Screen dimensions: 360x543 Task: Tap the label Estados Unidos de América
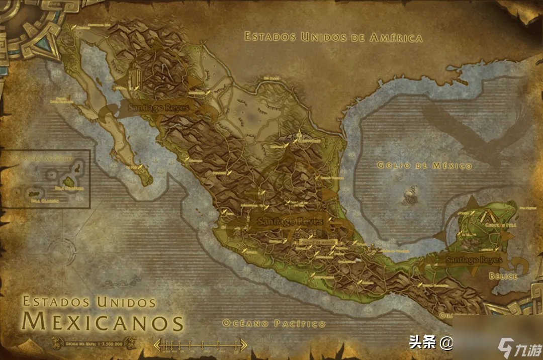point(333,37)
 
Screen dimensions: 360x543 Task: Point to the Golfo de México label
point(425,165)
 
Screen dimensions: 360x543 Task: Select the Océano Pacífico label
point(274,323)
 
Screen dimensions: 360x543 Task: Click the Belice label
point(503,276)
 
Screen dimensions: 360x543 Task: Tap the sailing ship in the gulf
point(411,196)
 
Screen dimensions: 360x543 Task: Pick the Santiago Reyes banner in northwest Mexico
point(157,107)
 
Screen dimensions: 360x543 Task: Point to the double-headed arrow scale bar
point(200,345)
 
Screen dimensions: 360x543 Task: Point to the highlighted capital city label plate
point(317,241)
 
